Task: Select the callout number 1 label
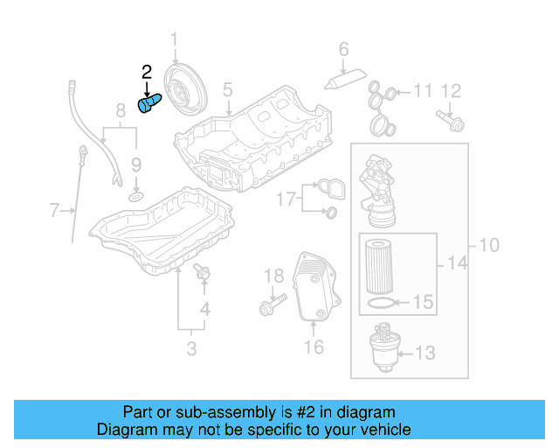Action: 173,40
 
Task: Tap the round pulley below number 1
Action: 187,91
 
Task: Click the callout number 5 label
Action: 227,90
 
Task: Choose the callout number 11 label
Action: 423,90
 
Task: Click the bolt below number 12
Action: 450,119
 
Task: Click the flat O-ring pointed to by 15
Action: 376,304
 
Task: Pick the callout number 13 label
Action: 424,353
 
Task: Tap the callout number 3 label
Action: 190,350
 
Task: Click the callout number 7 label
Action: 55,210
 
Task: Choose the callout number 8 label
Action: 121,110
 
